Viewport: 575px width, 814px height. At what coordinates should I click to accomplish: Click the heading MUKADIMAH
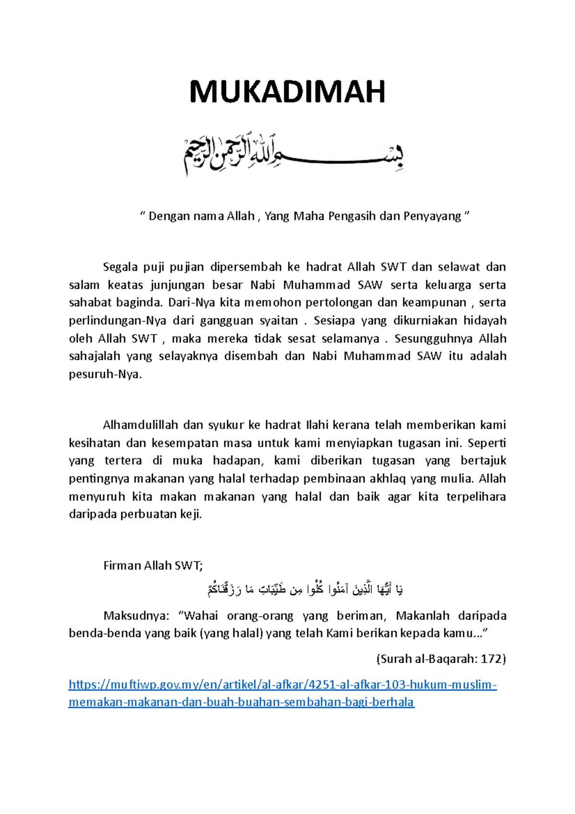coord(287,92)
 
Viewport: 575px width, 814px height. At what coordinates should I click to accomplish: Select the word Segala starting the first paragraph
coord(120,267)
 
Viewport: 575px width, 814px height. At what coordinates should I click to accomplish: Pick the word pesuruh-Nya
coord(105,374)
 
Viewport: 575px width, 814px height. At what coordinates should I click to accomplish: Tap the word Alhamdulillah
coord(140,425)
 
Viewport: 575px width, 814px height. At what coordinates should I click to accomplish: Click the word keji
coord(190,514)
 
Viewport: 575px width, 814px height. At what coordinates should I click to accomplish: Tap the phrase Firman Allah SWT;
coord(153,566)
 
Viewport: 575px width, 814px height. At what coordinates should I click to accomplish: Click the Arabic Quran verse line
coord(305,589)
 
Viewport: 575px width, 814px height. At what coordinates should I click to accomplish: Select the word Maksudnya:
coord(136,616)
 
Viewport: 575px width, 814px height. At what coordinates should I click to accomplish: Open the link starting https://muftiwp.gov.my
coord(282,685)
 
